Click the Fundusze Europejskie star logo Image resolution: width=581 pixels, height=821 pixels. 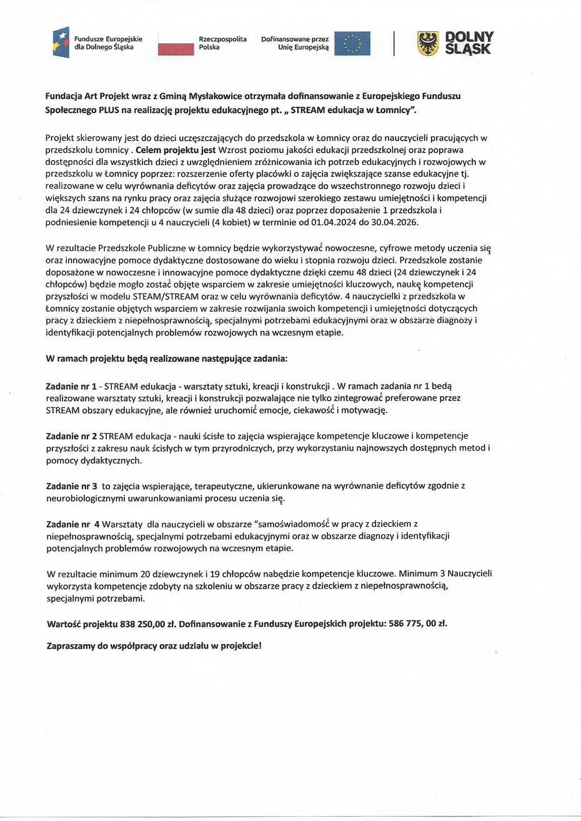(61, 43)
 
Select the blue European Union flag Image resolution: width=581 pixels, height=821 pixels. (352, 43)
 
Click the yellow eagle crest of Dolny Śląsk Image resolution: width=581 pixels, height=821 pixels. (428, 43)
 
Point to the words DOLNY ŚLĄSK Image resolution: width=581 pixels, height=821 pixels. (469, 43)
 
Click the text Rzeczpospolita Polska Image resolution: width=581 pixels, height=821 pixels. (222, 43)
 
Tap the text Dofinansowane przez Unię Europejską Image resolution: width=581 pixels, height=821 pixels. (295, 43)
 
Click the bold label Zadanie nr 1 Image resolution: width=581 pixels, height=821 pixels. (71, 387)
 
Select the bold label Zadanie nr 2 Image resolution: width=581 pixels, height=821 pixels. (71, 435)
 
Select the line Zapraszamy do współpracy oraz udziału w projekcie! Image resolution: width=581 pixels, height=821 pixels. (154, 645)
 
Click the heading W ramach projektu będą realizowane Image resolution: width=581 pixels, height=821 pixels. (167, 359)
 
